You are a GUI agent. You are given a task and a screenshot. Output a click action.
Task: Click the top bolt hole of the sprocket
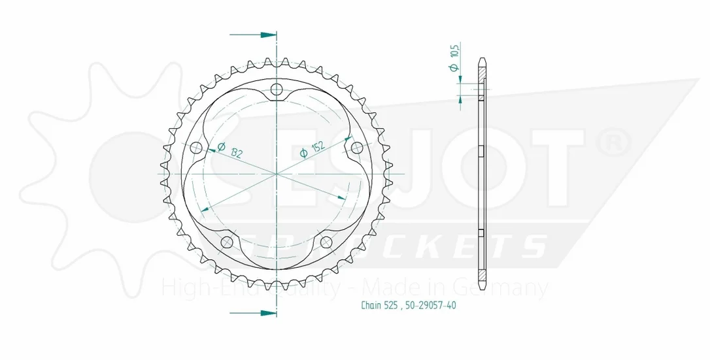click(x=276, y=90)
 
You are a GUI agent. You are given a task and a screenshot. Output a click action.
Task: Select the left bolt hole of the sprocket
click(x=197, y=148)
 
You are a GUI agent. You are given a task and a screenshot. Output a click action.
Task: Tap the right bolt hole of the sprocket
click(x=357, y=148)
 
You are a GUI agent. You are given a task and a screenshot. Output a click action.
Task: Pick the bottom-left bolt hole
click(x=227, y=242)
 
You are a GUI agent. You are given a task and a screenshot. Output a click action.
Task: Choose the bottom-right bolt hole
click(x=326, y=242)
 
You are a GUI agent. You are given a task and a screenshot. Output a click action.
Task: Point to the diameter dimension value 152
click(x=318, y=147)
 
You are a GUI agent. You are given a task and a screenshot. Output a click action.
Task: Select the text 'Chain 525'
click(x=379, y=305)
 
